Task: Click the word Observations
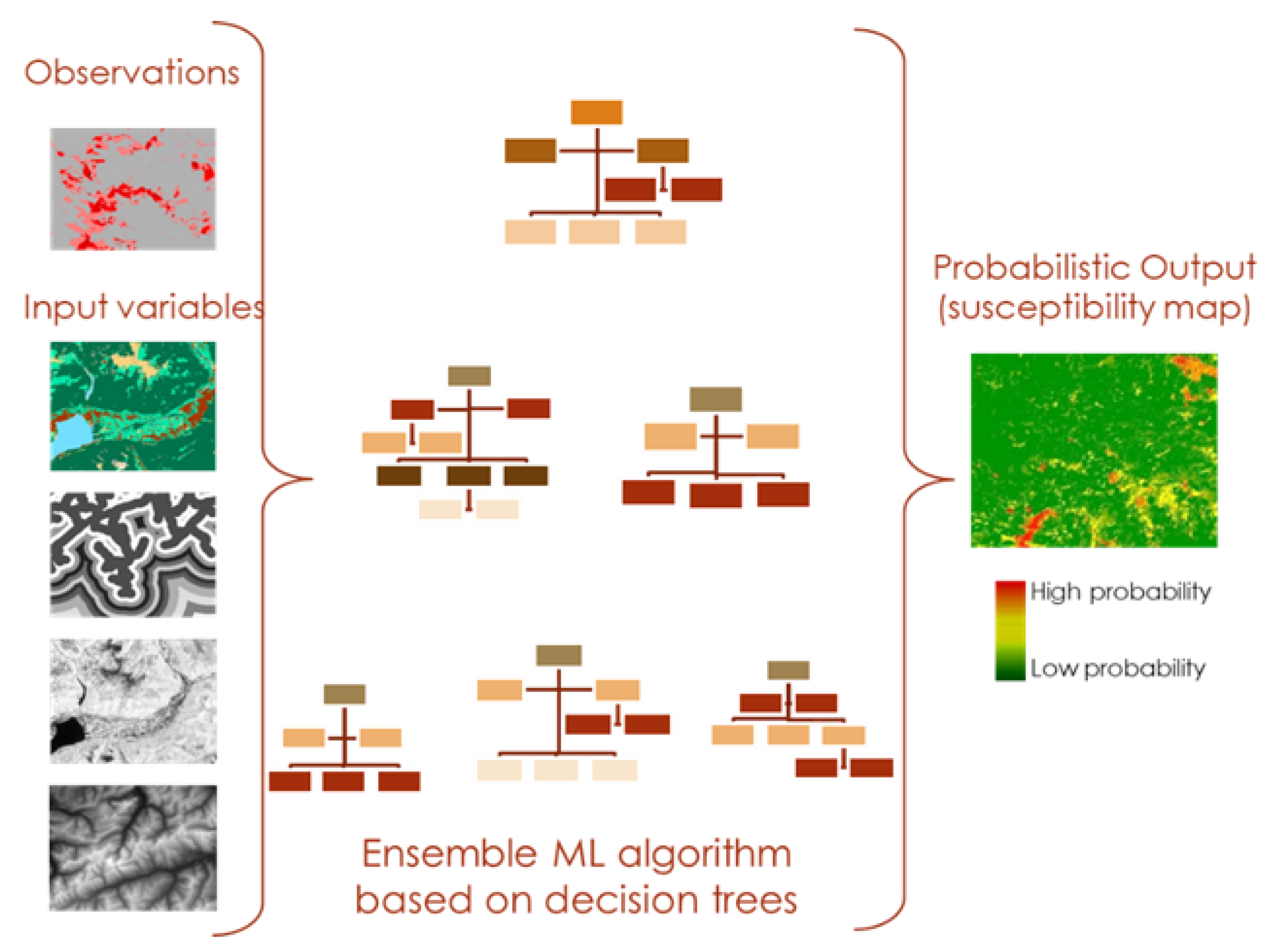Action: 132,73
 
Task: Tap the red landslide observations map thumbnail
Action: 133,189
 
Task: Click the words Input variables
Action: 143,307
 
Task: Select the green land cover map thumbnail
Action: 133,407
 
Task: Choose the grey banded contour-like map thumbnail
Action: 133,555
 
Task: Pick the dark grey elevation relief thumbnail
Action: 133,848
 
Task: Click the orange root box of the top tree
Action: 596,113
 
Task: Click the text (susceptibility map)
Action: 1094,308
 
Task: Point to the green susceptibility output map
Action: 1094,451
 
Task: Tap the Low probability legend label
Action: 1118,668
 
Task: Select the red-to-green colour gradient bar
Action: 1010,631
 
